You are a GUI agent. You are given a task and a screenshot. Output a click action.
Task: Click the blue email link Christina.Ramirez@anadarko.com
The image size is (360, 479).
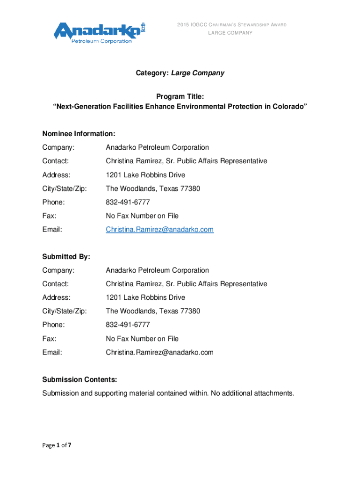[159, 229]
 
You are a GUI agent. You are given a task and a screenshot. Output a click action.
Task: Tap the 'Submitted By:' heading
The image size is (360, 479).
[66, 256]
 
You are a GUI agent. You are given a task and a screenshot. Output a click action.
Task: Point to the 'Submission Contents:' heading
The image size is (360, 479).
[79, 379]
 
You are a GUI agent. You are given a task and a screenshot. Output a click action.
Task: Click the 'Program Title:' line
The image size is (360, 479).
[180, 96]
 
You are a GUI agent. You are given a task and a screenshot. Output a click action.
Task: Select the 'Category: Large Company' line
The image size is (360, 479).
[180, 73]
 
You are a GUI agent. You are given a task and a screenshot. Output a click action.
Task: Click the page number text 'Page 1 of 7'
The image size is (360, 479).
[57, 445]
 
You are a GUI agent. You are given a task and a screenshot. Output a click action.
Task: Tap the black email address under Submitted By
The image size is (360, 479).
[159, 352]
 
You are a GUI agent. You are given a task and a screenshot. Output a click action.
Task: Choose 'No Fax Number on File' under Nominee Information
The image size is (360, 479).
[142, 216]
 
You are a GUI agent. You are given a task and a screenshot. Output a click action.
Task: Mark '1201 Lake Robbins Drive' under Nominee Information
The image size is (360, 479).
[145, 175]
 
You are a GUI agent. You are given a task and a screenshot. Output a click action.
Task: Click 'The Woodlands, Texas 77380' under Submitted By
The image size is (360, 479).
[152, 311]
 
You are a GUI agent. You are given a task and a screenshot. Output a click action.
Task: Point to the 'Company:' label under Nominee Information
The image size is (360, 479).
[58, 147]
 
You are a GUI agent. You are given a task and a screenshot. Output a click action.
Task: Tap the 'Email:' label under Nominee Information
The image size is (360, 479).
[52, 229]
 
